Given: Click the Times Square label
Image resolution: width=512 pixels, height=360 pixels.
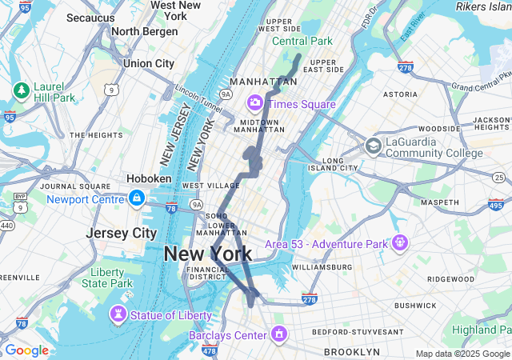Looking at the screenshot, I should (302, 104).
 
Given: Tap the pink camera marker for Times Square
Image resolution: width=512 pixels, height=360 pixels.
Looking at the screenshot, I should (255, 102).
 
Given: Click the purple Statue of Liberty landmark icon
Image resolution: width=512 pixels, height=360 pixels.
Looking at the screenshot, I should (118, 314).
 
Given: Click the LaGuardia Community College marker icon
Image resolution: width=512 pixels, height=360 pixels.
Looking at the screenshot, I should (373, 146).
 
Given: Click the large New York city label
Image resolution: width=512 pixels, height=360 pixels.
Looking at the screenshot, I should (207, 254).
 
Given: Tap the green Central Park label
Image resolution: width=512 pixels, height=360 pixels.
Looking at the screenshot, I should (302, 41).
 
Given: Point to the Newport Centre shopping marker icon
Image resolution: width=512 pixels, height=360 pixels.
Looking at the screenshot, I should (137, 198).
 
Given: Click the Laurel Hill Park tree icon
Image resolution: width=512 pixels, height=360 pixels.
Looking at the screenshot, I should (20, 90).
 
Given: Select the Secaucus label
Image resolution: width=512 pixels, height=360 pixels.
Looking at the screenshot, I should (90, 17).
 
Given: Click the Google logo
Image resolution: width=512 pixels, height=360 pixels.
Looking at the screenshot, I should (26, 350).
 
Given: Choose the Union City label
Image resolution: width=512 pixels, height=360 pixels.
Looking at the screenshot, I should (148, 63).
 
